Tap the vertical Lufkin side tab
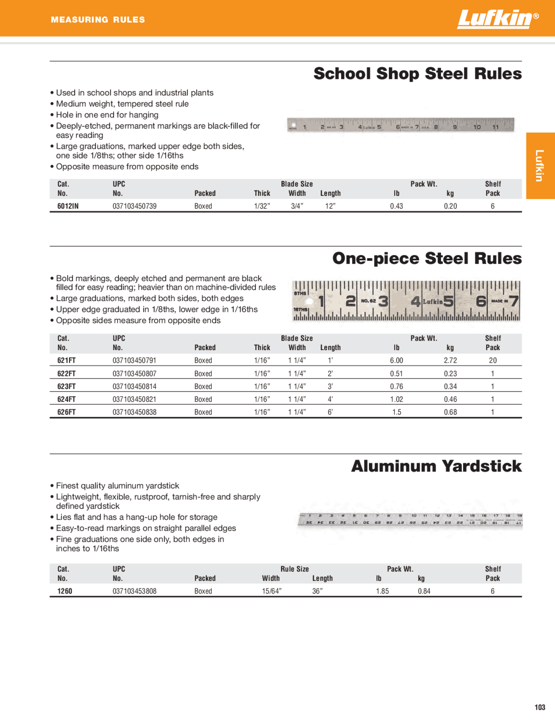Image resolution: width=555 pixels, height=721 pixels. pos(539,165)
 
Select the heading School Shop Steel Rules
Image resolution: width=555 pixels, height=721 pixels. pos(417,74)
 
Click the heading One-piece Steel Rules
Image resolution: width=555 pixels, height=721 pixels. pos(427,259)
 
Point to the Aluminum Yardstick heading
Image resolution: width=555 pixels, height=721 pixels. pos(436,466)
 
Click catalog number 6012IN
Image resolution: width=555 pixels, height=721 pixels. pos(68,206)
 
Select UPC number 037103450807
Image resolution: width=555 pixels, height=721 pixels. pos(134,374)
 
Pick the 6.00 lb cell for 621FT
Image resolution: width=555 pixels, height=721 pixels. pos(396,360)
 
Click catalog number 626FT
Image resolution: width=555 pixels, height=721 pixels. pos(66,412)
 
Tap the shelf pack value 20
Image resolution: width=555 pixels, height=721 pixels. pos(493,360)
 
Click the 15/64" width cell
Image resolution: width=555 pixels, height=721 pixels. pos(271,591)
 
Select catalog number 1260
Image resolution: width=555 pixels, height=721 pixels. pos(65,591)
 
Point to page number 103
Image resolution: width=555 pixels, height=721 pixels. pos(539,708)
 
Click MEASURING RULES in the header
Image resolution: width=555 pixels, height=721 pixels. pos(98,20)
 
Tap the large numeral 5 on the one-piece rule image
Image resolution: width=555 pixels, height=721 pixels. pos(448,301)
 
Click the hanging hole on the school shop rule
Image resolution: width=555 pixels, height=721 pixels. pos(294,125)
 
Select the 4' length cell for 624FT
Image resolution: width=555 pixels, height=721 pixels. pos(330,399)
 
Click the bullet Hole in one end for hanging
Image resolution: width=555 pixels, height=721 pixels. pos(107,115)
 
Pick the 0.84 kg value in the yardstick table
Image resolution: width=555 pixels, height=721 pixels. pos(424,591)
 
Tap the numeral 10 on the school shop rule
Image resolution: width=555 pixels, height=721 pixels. pos(477,127)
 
